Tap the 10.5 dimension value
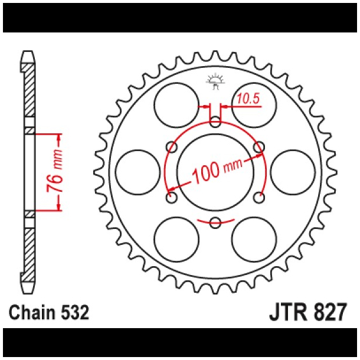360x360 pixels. click(248, 99)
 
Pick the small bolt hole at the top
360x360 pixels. click(215, 123)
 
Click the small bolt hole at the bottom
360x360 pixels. click(215, 222)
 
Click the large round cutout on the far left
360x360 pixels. click(138, 172)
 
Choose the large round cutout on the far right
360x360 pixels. click(293, 172)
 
